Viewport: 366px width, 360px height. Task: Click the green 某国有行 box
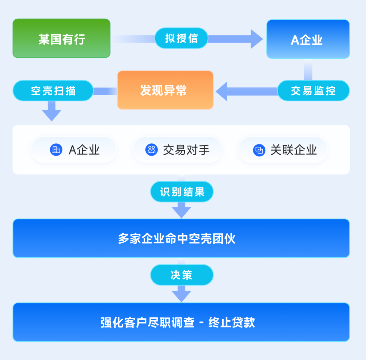pyautogui.click(x=61, y=38)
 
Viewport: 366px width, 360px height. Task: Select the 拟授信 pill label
pyautogui.click(x=181, y=38)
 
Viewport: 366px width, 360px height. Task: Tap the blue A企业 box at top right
pyautogui.click(x=308, y=39)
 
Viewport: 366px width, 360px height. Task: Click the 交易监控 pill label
pyautogui.click(x=313, y=91)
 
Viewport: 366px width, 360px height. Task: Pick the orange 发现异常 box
pyautogui.click(x=165, y=90)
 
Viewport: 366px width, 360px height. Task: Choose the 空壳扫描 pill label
pyautogui.click(x=53, y=91)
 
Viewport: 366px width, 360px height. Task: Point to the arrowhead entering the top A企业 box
pyautogui.click(x=257, y=39)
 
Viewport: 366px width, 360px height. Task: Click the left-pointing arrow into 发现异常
pyautogui.click(x=222, y=91)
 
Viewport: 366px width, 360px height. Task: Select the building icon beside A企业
pyautogui.click(x=56, y=150)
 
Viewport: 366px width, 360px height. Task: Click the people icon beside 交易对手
pyautogui.click(x=151, y=150)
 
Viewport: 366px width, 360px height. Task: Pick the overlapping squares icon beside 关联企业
pyautogui.click(x=259, y=150)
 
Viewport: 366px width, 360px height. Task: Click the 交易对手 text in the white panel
pyautogui.click(x=186, y=150)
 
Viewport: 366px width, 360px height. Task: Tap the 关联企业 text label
pyautogui.click(x=293, y=150)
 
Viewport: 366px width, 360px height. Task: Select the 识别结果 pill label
pyautogui.click(x=182, y=192)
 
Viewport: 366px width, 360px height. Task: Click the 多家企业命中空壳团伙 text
pyautogui.click(x=177, y=239)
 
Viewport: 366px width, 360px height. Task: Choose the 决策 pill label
pyautogui.click(x=182, y=275)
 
